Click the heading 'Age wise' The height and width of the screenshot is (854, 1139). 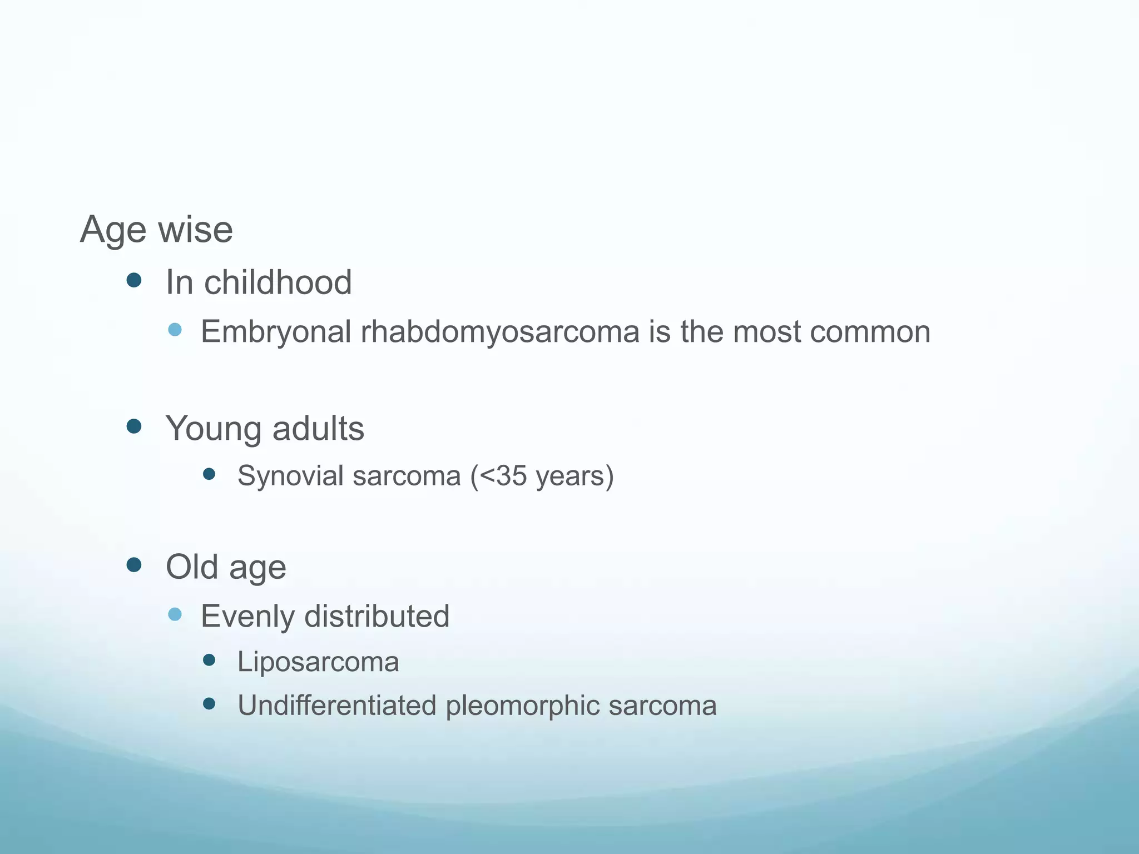(x=156, y=230)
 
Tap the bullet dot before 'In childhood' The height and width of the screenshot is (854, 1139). (x=134, y=280)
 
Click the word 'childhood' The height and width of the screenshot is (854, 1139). (x=278, y=282)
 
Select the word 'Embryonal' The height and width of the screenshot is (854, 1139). (x=276, y=332)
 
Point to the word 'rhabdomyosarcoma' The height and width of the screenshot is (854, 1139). (x=500, y=332)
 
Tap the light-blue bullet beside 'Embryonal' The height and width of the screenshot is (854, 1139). (x=175, y=330)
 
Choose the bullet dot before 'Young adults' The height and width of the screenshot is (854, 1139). (x=134, y=426)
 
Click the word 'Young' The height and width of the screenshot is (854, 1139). (x=214, y=429)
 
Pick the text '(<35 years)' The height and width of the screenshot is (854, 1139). (x=542, y=476)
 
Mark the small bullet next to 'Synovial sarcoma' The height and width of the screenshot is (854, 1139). (x=209, y=474)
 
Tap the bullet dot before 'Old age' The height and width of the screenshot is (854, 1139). (x=134, y=565)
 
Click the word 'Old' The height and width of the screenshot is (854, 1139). (x=192, y=567)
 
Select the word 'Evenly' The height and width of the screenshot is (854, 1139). (x=248, y=616)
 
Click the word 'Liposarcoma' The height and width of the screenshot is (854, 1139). (x=318, y=662)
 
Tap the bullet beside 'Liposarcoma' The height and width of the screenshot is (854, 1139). (x=209, y=660)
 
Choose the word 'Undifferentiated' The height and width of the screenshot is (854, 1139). (x=337, y=705)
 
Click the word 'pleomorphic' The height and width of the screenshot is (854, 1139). (x=522, y=705)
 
